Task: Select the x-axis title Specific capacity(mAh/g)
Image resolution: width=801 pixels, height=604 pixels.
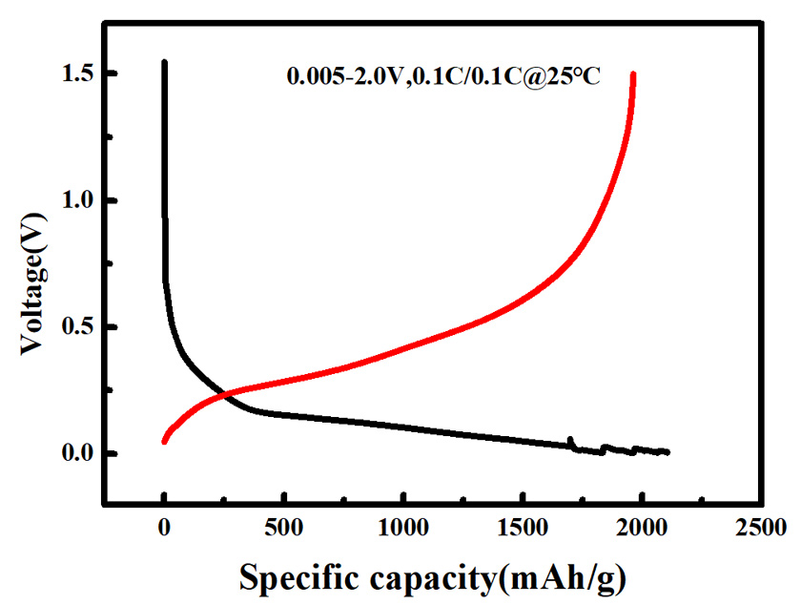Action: pyautogui.click(x=433, y=575)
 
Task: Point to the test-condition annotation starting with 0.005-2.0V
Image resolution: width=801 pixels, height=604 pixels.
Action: pyautogui.click(x=443, y=76)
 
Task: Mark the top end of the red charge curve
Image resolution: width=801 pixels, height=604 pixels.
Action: pyautogui.click(x=633, y=74)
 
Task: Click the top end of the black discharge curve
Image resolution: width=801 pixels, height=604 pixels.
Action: pyautogui.click(x=164, y=63)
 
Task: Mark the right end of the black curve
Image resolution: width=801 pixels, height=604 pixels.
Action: pyautogui.click(x=667, y=451)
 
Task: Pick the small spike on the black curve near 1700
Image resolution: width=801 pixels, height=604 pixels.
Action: pyautogui.click(x=570, y=440)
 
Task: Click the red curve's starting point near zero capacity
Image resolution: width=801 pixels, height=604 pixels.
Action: pyautogui.click(x=165, y=440)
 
